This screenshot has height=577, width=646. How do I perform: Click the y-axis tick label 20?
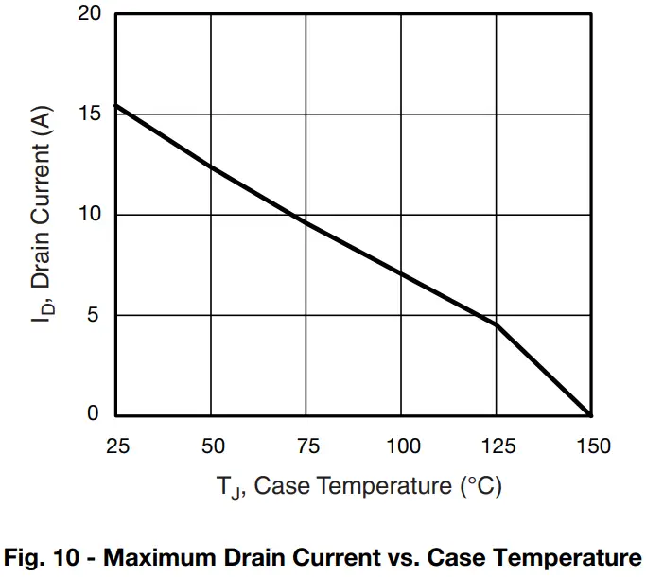(88, 14)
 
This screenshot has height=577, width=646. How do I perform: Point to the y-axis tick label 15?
(88, 114)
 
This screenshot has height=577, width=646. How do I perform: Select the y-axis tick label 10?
(88, 215)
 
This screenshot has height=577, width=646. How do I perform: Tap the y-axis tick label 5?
(94, 315)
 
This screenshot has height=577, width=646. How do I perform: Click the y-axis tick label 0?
(94, 414)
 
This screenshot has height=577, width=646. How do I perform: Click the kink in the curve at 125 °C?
(497, 324)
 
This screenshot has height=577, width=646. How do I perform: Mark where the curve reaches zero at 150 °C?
(591, 414)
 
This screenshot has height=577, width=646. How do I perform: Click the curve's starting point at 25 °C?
(115, 105)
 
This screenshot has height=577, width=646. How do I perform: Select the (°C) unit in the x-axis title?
(480, 487)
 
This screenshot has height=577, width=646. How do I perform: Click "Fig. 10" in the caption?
(39, 555)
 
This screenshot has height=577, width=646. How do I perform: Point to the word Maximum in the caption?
(150, 555)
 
